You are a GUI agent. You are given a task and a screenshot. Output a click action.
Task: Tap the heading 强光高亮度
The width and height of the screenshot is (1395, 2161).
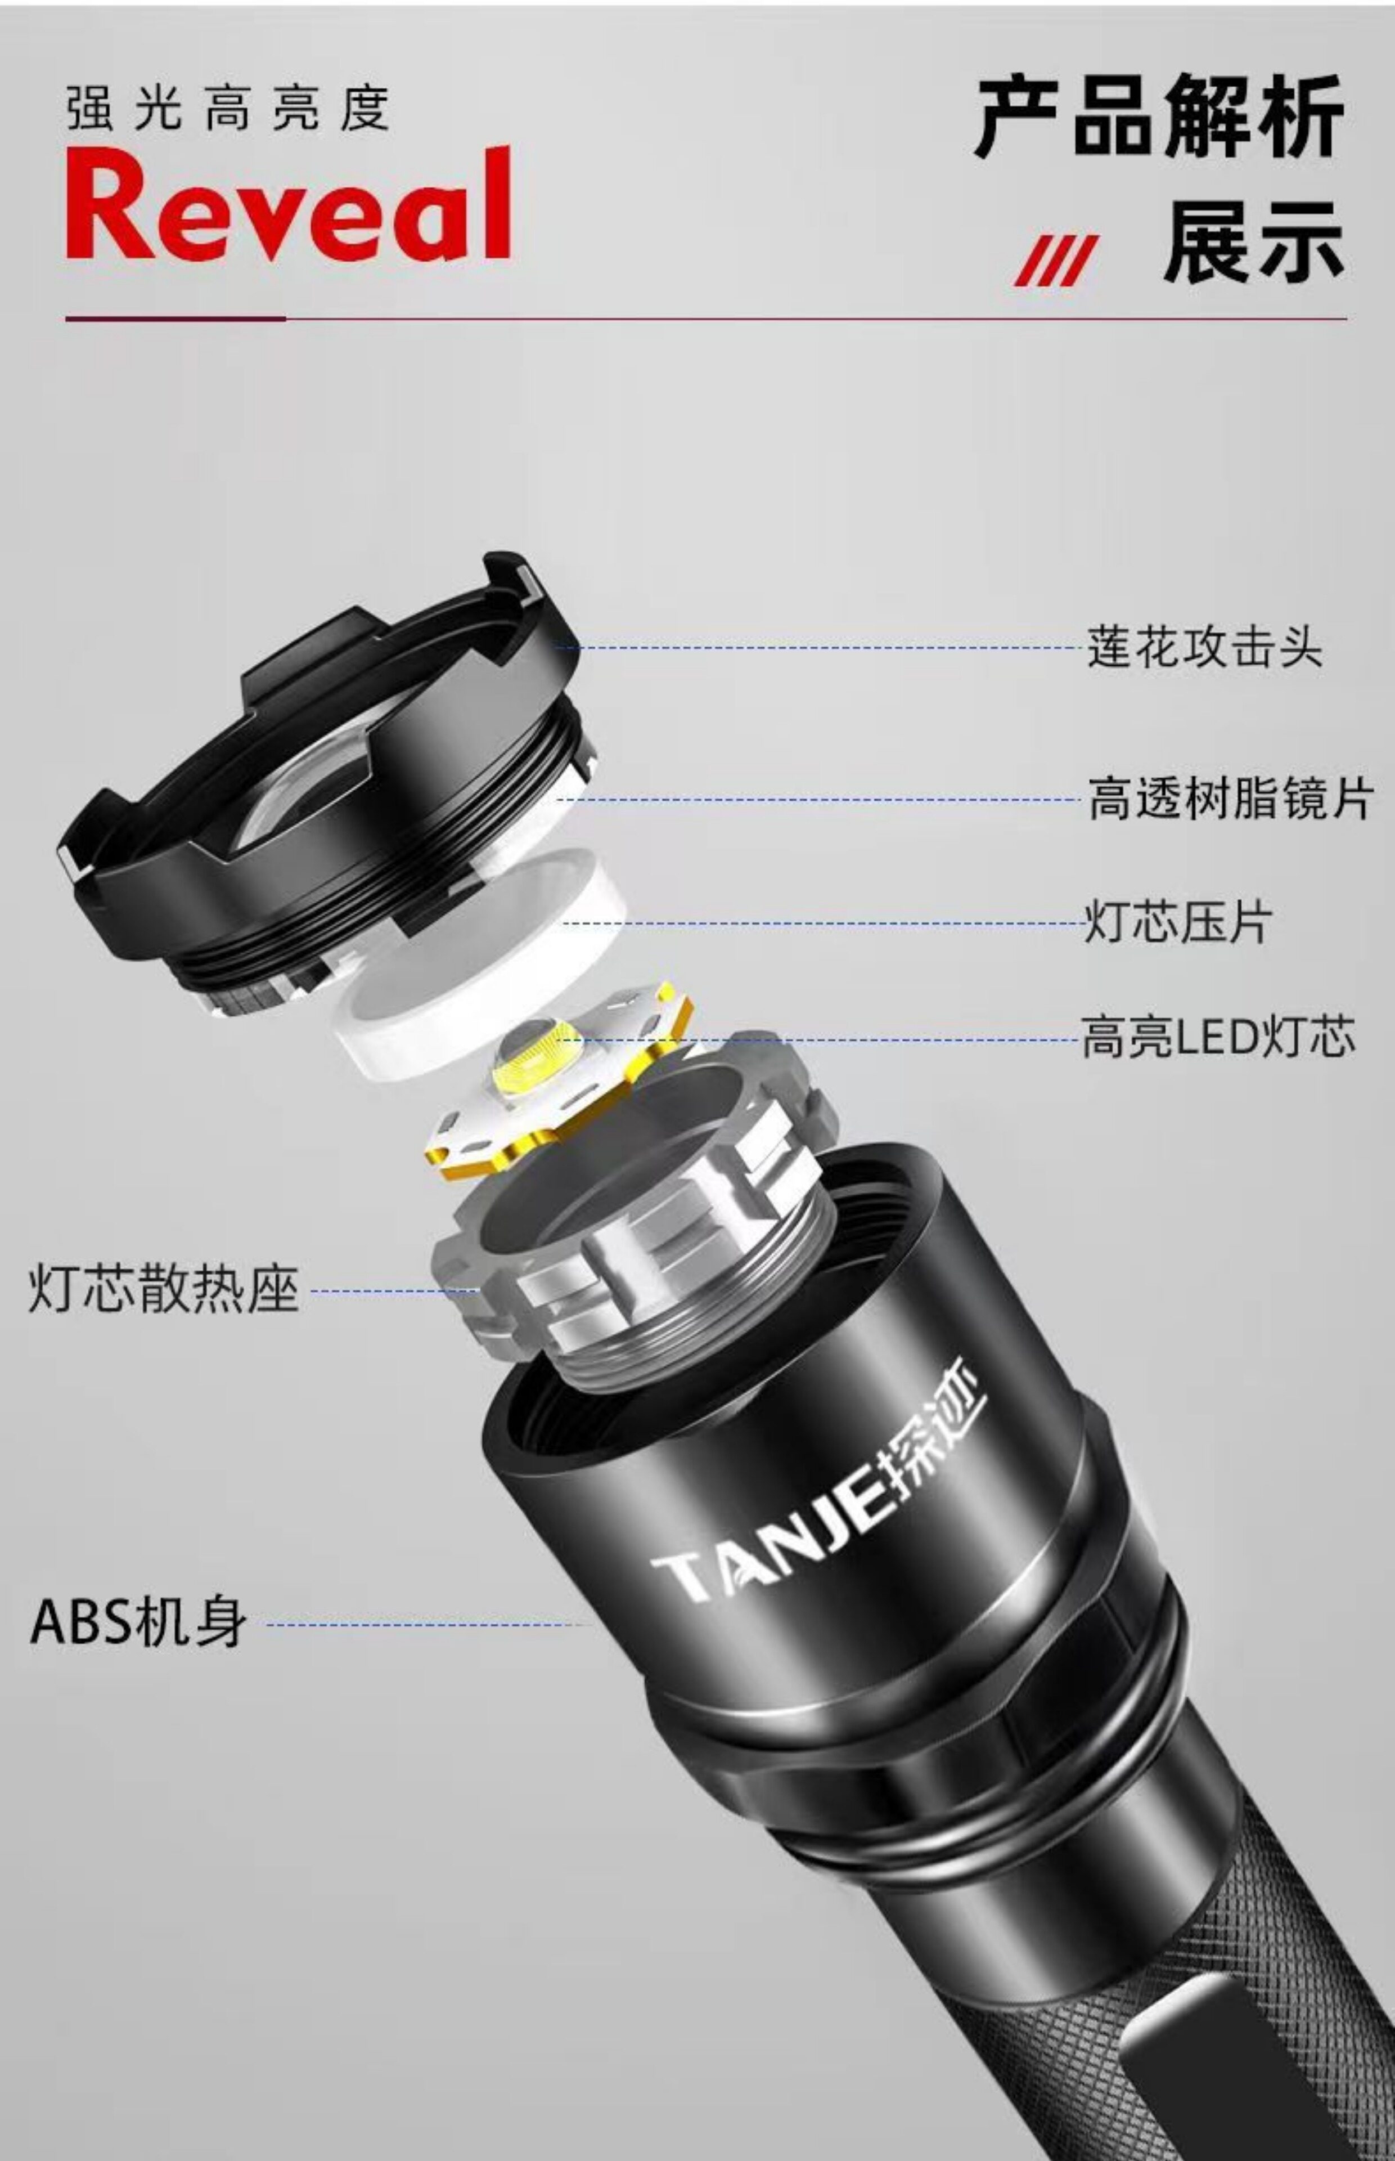228,109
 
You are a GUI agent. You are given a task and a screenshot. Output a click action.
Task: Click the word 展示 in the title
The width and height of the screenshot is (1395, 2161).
1254,240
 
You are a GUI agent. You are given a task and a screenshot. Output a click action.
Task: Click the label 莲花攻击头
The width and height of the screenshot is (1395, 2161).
1205,647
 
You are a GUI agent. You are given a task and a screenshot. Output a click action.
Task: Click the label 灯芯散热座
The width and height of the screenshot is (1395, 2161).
163,1289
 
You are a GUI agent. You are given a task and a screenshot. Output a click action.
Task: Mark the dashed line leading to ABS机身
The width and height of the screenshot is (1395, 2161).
426,1624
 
